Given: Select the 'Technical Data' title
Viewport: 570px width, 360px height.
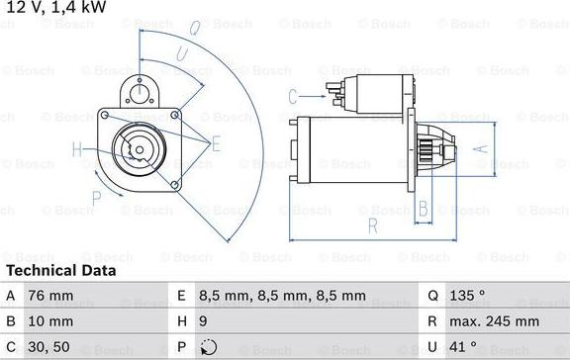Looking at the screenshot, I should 61,270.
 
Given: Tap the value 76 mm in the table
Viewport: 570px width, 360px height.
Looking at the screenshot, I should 52,296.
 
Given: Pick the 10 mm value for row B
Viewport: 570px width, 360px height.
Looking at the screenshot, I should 52,321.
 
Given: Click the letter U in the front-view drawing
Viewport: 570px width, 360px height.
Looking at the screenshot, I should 181,54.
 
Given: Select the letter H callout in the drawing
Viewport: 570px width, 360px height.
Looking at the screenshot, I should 78,150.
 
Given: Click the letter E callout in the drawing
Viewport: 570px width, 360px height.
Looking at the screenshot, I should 217,143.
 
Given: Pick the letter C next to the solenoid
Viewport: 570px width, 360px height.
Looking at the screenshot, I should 293,96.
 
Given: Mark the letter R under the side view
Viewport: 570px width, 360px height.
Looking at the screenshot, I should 372,225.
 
